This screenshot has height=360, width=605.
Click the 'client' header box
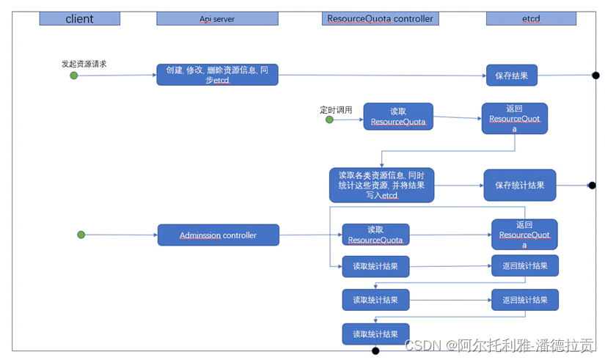point(79,18)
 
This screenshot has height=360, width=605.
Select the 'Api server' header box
point(217,18)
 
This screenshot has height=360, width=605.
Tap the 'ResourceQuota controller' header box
point(379,18)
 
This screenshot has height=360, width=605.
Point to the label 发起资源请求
point(84,64)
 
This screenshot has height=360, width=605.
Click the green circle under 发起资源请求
point(74,75)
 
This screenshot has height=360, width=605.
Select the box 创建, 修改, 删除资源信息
point(217,75)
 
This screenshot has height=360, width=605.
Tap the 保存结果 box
point(512,75)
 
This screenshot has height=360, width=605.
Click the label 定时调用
point(336,110)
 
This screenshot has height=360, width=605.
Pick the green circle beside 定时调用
point(329,120)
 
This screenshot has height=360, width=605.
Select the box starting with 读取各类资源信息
point(381,185)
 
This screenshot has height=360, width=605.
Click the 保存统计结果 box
point(519,185)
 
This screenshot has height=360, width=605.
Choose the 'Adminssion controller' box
point(218,235)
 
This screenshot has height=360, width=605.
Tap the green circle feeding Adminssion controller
point(81,235)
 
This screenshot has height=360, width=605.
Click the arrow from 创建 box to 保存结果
point(381,75)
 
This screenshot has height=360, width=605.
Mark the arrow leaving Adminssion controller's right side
point(310,235)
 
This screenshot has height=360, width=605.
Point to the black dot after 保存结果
point(595,75)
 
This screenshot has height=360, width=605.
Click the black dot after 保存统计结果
point(593,186)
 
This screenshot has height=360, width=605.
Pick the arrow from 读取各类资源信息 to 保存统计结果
point(458,185)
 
